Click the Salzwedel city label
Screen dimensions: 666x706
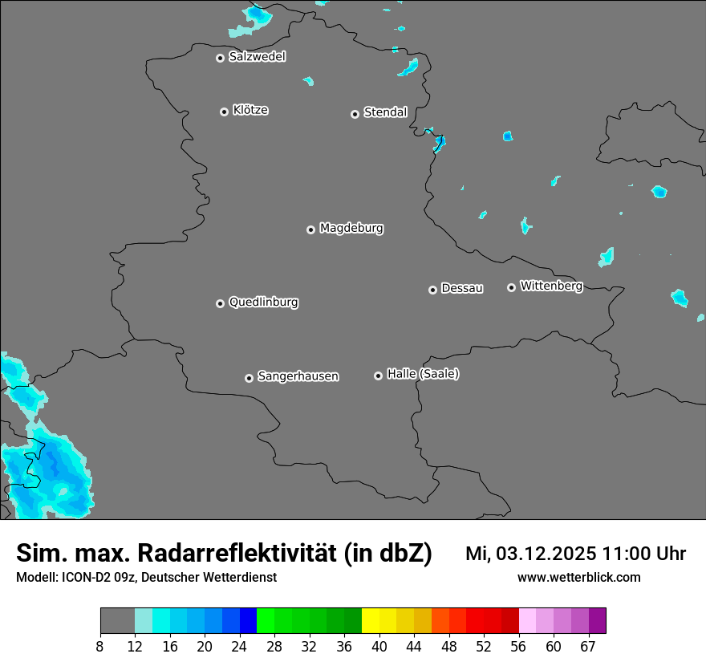(x=257, y=57)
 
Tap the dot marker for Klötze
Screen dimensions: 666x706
(x=225, y=112)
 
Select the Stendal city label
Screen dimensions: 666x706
(x=385, y=112)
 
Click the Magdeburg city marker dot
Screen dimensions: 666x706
(x=311, y=229)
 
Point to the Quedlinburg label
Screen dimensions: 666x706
(x=263, y=303)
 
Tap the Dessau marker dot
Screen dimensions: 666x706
(x=433, y=290)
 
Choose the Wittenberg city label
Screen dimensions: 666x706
(x=551, y=286)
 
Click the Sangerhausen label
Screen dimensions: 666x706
(x=298, y=376)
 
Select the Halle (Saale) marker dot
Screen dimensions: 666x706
(x=379, y=376)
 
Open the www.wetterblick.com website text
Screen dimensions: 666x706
(x=578, y=578)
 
